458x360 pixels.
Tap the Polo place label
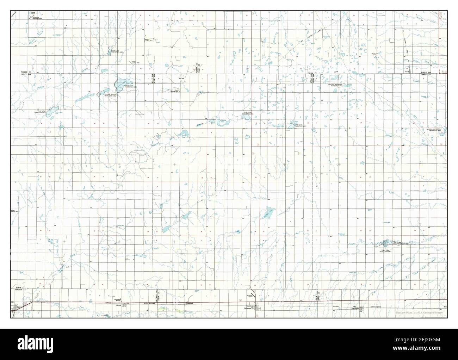click(404, 145)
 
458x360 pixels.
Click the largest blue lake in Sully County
click(120, 84)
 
